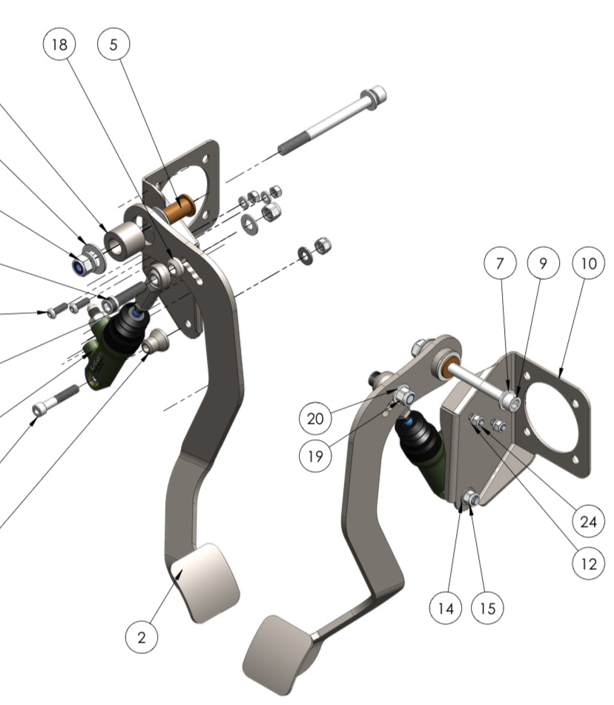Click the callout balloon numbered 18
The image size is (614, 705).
[x=59, y=45]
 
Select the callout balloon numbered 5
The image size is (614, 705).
[x=113, y=45]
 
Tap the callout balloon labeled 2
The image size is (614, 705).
[x=142, y=636]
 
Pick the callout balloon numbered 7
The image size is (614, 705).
[x=501, y=263]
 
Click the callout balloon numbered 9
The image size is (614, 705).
[x=544, y=263]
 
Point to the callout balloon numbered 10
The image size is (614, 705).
[x=588, y=263]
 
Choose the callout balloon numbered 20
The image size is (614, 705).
[x=315, y=419]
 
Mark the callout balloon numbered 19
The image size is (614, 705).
[x=315, y=456]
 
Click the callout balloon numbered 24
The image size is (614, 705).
[x=588, y=522]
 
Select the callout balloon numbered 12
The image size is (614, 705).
[x=588, y=564]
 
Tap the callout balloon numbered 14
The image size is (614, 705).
[x=445, y=608]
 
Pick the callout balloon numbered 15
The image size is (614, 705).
[x=487, y=608]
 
